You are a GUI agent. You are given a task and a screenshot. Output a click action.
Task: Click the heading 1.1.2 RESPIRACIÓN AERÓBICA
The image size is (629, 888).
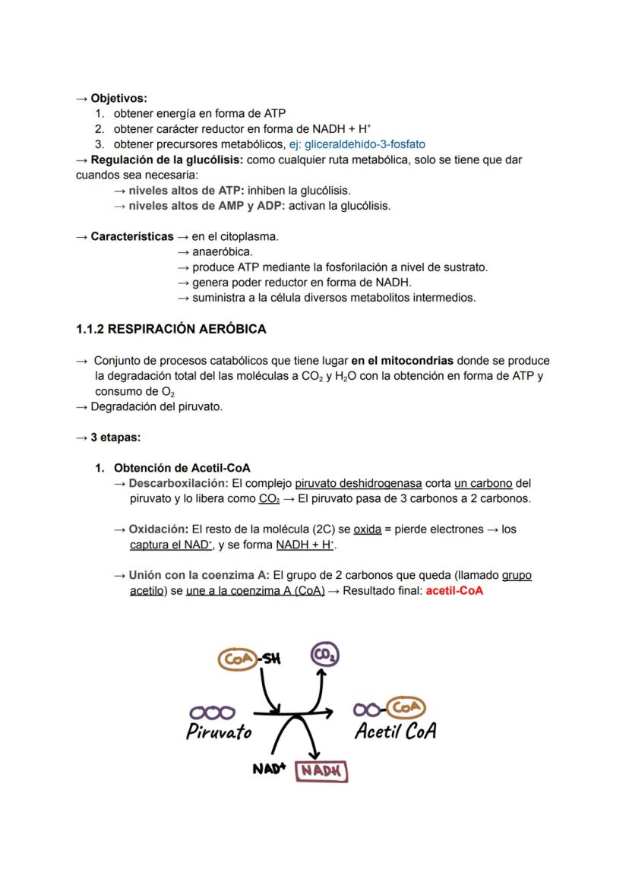click(x=171, y=329)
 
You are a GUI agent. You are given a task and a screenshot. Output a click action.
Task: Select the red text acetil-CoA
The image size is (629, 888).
click(x=454, y=590)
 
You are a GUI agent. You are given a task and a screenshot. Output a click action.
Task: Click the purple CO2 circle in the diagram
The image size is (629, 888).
click(x=325, y=655)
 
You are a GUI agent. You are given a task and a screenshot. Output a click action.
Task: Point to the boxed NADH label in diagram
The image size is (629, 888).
click(x=322, y=770)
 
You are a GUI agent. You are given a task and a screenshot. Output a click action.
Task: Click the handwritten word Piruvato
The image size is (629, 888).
click(x=219, y=732)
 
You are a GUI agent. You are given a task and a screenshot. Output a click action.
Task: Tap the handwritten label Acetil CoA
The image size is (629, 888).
click(x=395, y=732)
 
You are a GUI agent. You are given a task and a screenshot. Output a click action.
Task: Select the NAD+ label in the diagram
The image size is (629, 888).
click(x=269, y=769)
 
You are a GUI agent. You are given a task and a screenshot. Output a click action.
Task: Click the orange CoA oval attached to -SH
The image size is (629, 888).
click(x=238, y=659)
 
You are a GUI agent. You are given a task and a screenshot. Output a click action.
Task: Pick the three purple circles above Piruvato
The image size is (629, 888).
click(x=212, y=713)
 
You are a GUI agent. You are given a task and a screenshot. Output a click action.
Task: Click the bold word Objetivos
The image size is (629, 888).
click(x=119, y=98)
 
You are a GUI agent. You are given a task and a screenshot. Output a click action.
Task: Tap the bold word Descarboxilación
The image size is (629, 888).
click(x=178, y=483)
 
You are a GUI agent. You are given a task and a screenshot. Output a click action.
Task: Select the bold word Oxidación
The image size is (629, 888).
click(x=158, y=529)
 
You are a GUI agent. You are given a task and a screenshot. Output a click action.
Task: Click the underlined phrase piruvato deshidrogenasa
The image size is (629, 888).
click(x=358, y=483)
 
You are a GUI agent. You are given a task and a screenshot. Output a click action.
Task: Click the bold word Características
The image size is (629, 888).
click(x=132, y=236)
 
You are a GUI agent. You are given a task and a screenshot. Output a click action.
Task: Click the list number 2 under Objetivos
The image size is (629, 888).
click(x=100, y=129)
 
